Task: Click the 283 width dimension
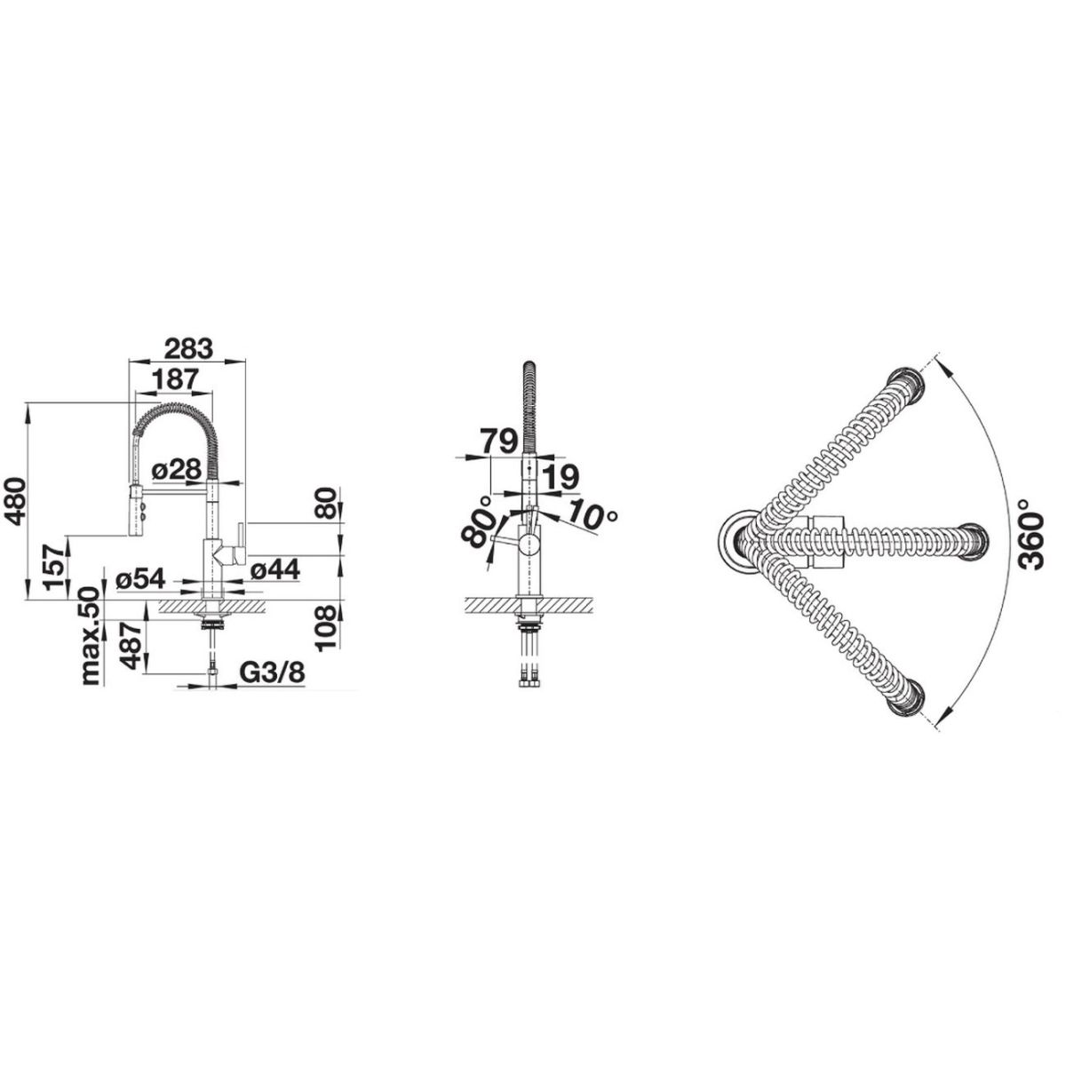188,349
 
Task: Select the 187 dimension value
174,379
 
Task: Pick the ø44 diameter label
274,569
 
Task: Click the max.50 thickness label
91,637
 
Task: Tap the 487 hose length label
131,646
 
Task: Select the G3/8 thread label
272,672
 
